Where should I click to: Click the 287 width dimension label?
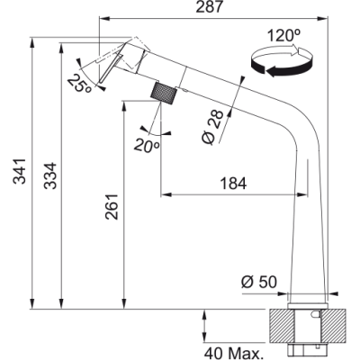pyautogui.click(x=210, y=7)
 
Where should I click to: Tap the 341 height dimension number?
pyautogui.click(x=20, y=171)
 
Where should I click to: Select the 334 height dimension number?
pyautogui.click(x=50, y=175)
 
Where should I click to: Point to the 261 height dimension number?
pyautogui.click(x=112, y=207)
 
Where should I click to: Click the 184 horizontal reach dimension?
pyautogui.click(x=233, y=184)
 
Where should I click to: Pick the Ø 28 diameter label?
pyautogui.click(x=212, y=127)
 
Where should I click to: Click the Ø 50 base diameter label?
pyautogui.click(x=259, y=282)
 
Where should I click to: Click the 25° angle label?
pyautogui.click(x=79, y=84)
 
